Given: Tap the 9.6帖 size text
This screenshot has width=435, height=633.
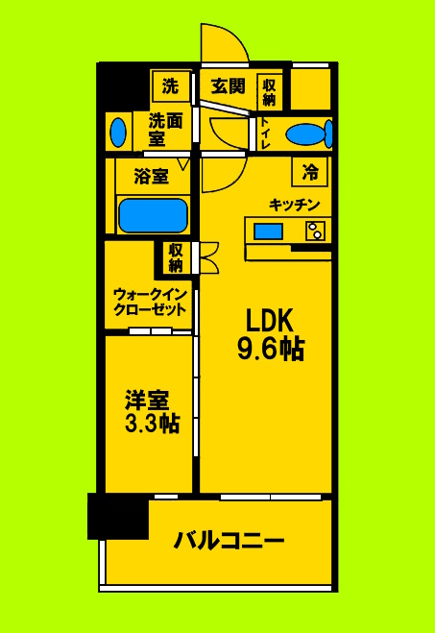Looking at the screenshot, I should point(271,350).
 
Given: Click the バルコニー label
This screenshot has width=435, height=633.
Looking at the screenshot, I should point(229,542).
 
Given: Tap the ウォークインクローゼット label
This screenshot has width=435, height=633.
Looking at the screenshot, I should point(149,301).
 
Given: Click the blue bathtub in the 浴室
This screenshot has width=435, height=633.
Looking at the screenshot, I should point(153,213).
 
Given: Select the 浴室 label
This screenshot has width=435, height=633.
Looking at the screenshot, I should point(153,177).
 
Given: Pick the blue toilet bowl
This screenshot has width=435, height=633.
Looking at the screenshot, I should point(310,134).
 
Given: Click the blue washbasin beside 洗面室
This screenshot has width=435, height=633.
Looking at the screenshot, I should point(118,131).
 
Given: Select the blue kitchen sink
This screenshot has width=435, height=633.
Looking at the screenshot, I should point(270,231).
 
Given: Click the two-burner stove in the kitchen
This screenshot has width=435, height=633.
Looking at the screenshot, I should point(314,231).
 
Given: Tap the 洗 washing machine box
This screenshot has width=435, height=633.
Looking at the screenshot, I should point(171,86).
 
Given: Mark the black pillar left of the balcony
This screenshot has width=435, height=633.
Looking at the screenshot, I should point(118,517).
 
